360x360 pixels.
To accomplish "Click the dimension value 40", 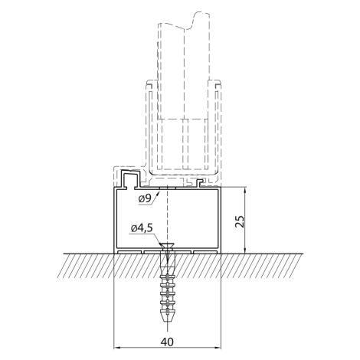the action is [x=167, y=342].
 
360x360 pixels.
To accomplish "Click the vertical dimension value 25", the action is [x=240, y=221].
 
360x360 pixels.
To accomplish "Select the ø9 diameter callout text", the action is [x=146, y=198].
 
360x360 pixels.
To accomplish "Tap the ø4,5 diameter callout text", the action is [x=142, y=228].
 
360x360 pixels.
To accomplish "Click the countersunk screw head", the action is [x=167, y=246].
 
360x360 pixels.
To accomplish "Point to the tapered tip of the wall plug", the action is [x=167, y=319].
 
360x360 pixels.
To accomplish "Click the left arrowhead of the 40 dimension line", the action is [x=116, y=347].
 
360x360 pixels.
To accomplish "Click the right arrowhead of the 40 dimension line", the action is [x=218, y=347].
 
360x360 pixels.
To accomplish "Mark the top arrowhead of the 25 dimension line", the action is [x=245, y=191].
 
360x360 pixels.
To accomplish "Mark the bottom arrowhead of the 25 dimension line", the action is [x=245, y=250].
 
